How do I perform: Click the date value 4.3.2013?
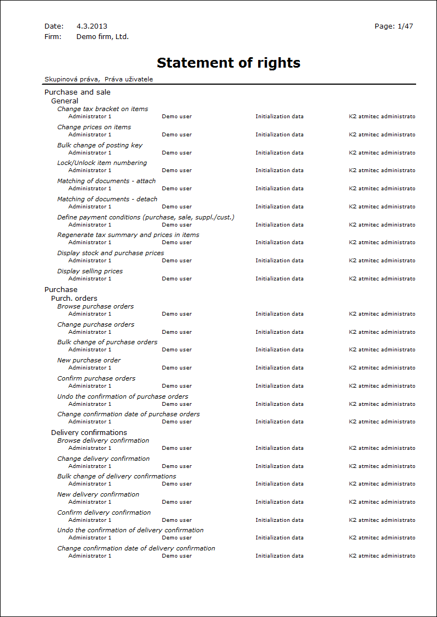coord(92,26)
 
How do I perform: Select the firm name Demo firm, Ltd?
coord(102,37)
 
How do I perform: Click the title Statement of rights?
coord(228,63)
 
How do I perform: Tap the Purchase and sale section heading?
coord(77,92)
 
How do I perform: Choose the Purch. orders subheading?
coord(74,299)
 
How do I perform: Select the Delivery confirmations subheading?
coord(89,433)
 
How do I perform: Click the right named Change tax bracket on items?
coord(102,109)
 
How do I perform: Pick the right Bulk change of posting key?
coord(100,145)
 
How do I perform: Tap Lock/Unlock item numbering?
coord(102,163)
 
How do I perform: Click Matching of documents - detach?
coord(107,199)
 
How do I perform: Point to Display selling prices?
coord(90,271)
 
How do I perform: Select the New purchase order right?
coord(89,360)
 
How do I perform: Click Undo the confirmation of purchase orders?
coord(123,396)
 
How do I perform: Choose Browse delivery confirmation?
coord(103,440)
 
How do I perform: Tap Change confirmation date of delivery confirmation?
coord(136,548)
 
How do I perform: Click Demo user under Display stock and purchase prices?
coord(177,261)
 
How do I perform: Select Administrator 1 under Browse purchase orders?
coord(90,314)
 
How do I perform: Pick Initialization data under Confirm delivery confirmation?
coord(279,520)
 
